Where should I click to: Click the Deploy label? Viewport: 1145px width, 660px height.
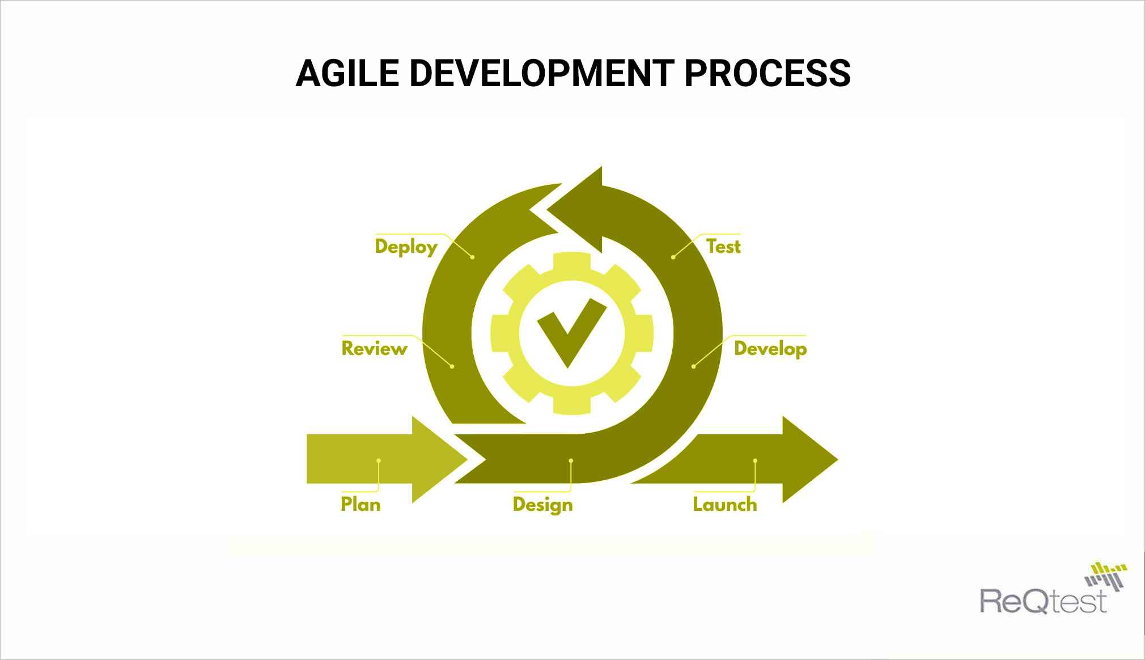[x=406, y=247]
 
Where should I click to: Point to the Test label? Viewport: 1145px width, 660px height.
[x=723, y=247]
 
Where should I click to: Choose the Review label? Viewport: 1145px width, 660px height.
[x=374, y=348]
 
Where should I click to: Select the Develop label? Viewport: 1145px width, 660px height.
[x=770, y=348]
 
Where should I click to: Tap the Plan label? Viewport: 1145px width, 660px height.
[x=361, y=504]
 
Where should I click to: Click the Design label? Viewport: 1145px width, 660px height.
[x=542, y=505]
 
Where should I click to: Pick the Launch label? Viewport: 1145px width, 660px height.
[x=724, y=504]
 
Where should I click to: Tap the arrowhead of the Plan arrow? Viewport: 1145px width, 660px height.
[x=436, y=459]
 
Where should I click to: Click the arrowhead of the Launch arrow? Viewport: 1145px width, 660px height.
[x=808, y=459]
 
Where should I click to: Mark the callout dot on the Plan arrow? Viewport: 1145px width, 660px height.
[x=379, y=460]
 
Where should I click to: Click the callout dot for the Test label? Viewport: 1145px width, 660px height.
[x=673, y=257]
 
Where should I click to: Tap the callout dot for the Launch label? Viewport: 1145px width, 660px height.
[x=755, y=460]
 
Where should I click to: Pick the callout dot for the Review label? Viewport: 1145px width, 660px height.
[x=452, y=366]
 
